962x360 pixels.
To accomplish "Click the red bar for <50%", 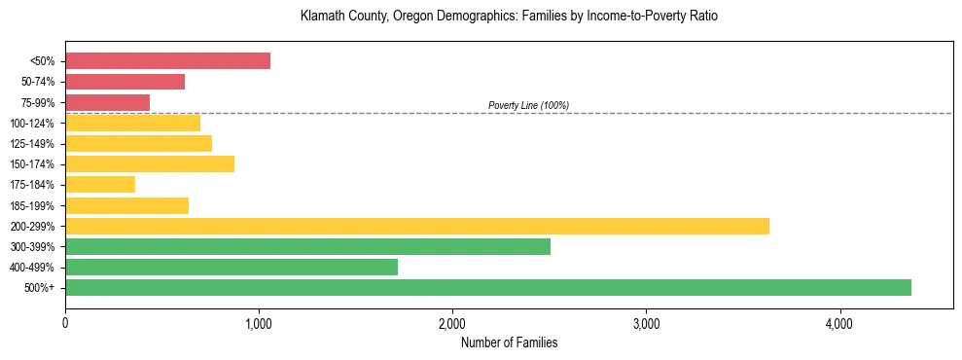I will (x=167, y=61).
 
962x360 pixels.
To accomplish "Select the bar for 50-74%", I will (x=125, y=82).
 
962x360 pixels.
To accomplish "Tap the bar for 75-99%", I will (x=107, y=102).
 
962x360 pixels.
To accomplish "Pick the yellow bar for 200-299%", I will (x=416, y=226).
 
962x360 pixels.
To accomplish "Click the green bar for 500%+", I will (x=487, y=287).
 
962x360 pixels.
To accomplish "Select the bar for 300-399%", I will (x=307, y=246).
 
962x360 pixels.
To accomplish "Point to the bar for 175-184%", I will (x=100, y=185).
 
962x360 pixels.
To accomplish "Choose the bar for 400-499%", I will (x=232, y=267).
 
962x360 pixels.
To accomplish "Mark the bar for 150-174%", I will (x=150, y=164).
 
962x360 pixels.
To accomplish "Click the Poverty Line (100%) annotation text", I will (x=528, y=105).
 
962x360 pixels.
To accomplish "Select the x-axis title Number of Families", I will (x=509, y=342).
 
